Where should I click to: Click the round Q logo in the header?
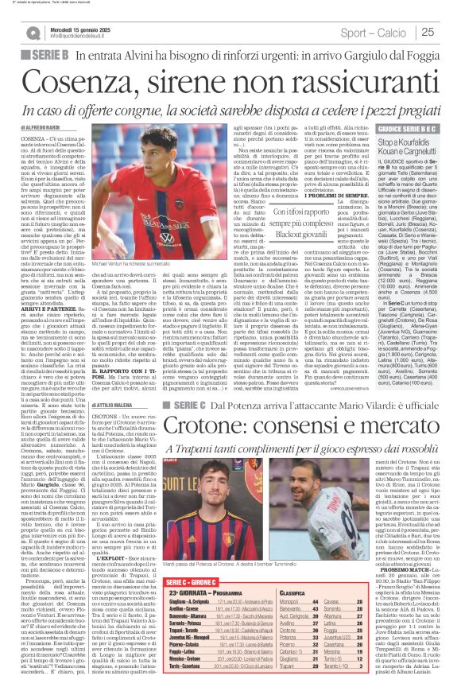[32, 32]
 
